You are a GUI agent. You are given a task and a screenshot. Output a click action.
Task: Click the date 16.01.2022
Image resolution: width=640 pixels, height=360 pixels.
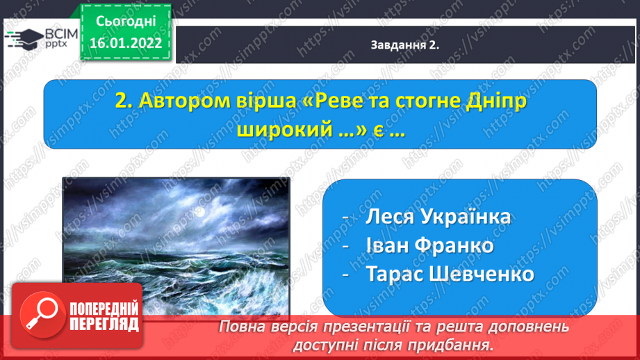pos(126,43)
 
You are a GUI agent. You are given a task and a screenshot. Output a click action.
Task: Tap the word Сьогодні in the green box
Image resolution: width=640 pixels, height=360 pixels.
pos(126,22)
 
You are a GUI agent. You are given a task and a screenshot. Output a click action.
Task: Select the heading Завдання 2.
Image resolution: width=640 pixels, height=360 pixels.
pos(404,45)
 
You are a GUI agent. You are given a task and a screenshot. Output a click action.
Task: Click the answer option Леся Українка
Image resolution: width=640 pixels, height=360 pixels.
pos(438,216)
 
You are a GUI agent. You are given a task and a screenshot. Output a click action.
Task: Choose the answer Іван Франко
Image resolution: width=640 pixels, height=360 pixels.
pos(430,245)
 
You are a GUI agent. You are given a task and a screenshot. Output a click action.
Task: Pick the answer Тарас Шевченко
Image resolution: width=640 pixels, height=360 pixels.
pos(450,273)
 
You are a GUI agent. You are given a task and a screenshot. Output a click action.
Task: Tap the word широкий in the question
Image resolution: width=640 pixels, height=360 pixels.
pos(284,130)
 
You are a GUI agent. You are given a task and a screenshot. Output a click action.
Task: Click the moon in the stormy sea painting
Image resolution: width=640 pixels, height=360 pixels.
pos(199,212)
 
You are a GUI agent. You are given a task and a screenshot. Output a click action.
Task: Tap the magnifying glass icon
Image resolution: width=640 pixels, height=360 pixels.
pos(43,315)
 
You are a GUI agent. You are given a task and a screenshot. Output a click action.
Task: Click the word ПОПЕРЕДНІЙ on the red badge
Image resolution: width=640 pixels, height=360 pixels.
pos(104,309)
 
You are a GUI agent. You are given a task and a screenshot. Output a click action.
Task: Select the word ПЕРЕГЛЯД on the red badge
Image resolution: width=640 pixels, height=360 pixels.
pos(104,325)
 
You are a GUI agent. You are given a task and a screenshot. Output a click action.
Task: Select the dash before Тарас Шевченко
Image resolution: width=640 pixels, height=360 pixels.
pos(346,275)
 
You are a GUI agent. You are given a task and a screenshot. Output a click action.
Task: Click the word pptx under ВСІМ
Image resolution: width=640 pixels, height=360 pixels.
pos(56,43)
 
